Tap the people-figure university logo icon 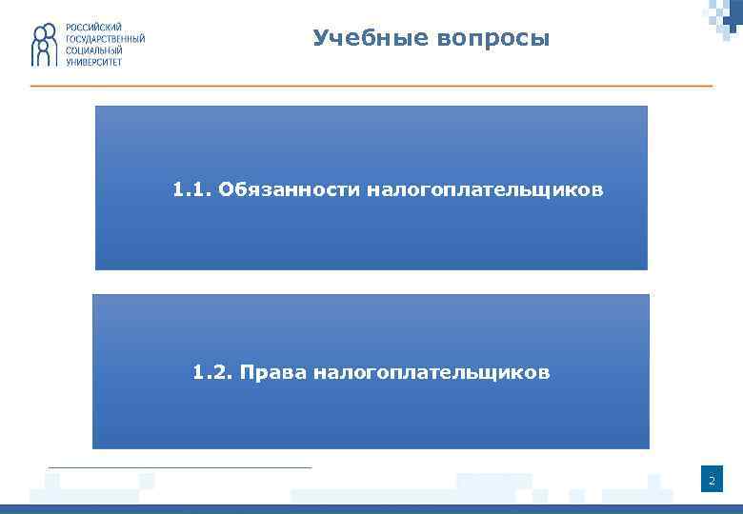[x=45, y=45]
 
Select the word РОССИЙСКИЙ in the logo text [x=94, y=28]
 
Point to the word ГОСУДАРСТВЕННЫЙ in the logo [x=106, y=39]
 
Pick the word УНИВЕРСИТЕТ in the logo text [x=94, y=62]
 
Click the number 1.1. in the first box [x=191, y=189]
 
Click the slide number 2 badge [x=711, y=483]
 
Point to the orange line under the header [x=371, y=87]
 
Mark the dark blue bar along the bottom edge [x=371, y=509]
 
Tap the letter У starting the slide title [x=320, y=39]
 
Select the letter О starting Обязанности [x=226, y=189]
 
